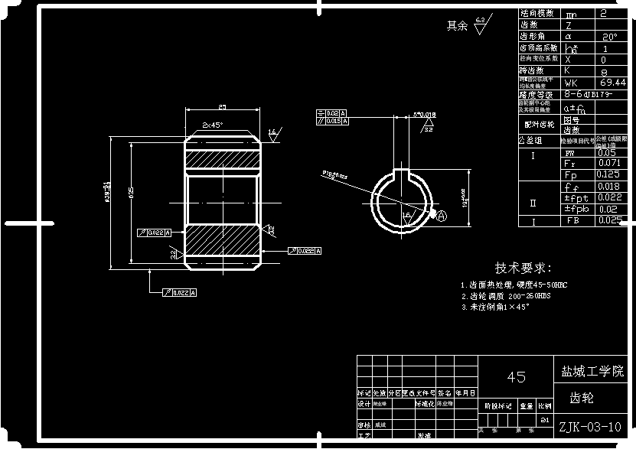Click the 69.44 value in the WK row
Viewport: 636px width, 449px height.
614,82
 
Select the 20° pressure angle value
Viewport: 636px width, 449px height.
610,36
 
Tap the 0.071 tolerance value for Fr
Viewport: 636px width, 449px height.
609,164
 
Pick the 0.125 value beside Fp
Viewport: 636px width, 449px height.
609,174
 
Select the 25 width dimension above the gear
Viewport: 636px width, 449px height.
222,107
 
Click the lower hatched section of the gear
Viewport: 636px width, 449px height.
223,245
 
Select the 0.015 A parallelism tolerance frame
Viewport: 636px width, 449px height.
331,121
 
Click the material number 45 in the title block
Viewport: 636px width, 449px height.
517,377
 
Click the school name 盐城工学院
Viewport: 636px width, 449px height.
592,371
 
